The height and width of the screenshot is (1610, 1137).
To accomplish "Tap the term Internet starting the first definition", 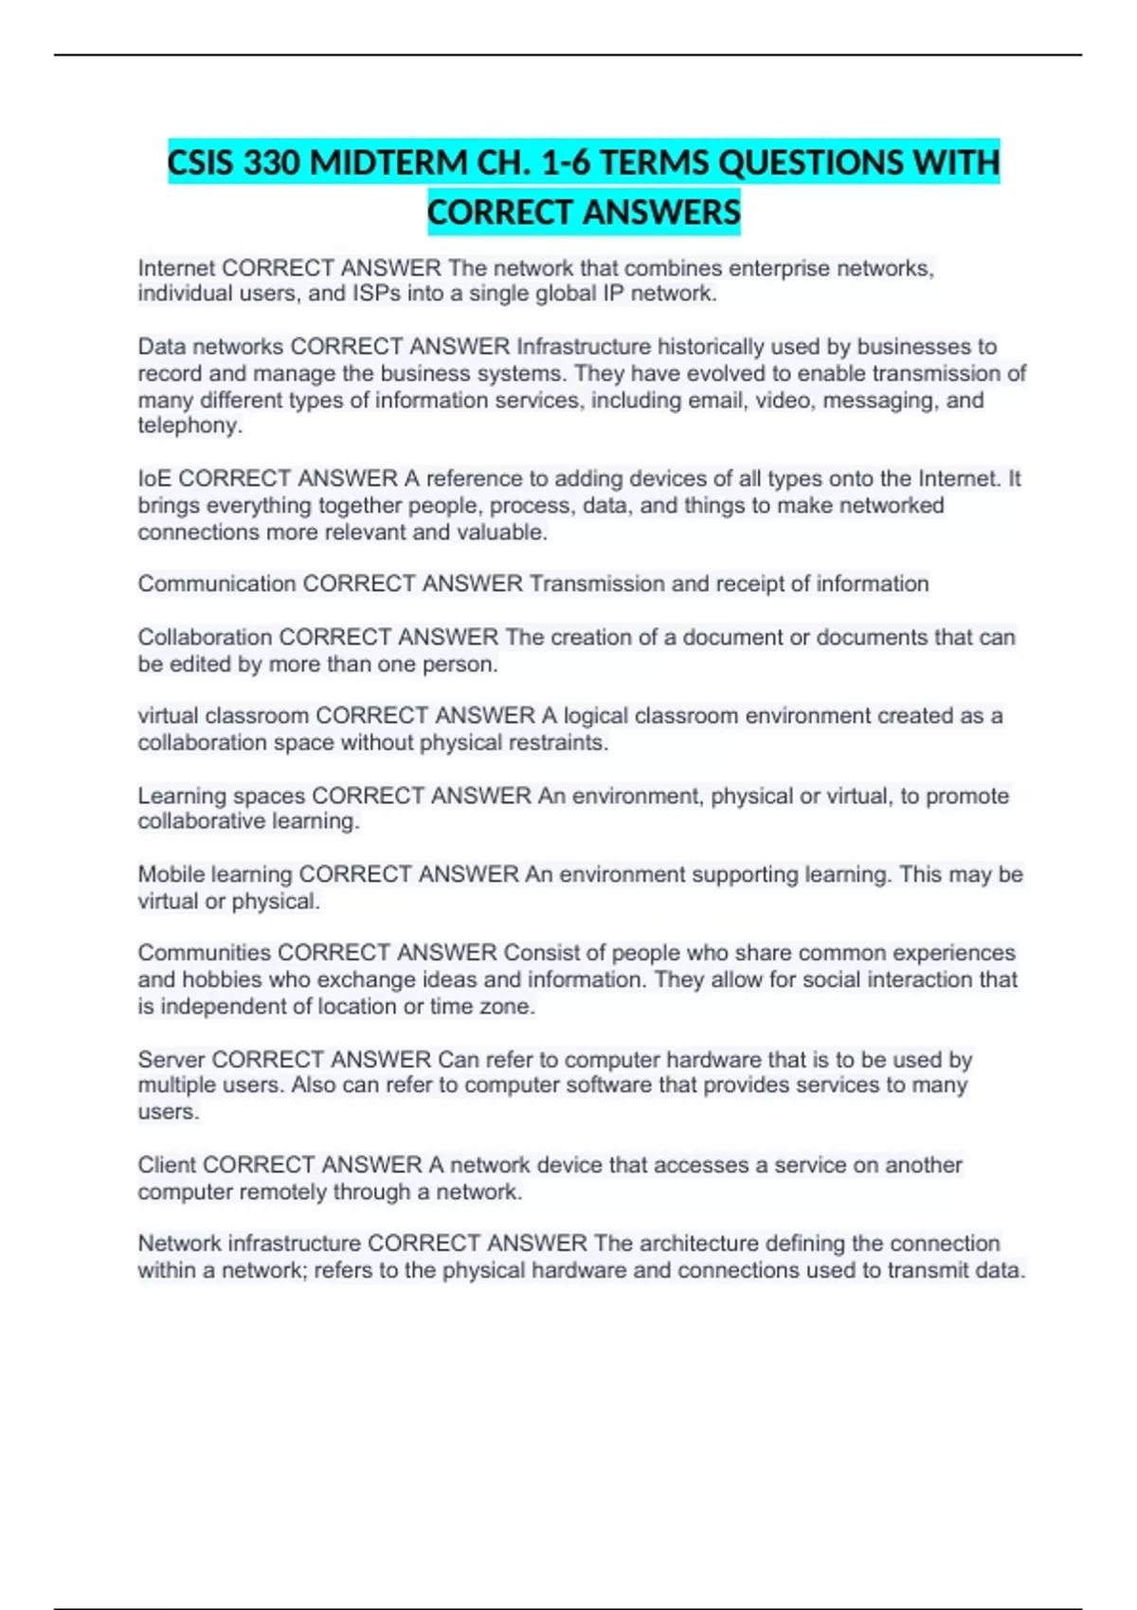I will click(x=176, y=268).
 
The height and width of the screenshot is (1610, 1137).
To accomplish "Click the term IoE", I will click(x=154, y=478).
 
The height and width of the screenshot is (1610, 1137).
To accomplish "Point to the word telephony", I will click(x=189, y=425).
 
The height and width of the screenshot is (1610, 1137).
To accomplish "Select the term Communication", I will click(x=217, y=583).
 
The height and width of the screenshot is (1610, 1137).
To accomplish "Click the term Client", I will click(x=167, y=1164).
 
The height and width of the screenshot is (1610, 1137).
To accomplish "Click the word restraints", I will click(x=558, y=742).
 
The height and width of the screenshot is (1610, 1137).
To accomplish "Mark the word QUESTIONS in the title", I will click(x=811, y=163).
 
